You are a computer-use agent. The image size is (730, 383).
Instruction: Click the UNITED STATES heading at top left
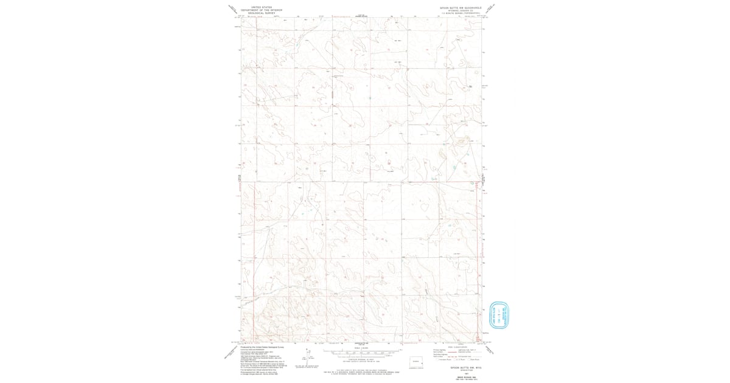pyautogui.click(x=263, y=7)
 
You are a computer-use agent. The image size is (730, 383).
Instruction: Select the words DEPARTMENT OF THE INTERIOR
pyautogui.click(x=263, y=10)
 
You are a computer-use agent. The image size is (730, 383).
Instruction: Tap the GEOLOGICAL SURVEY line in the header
pyautogui.click(x=263, y=13)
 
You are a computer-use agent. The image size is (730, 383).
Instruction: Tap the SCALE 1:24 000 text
pyautogui.click(x=363, y=348)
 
